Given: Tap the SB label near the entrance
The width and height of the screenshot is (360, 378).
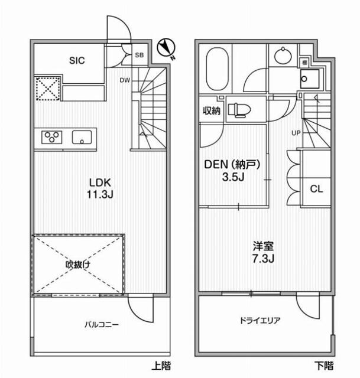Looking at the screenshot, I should (x=140, y=55).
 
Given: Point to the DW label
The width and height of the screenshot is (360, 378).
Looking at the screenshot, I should (x=125, y=80).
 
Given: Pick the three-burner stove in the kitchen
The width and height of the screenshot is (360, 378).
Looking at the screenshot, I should (x=52, y=138).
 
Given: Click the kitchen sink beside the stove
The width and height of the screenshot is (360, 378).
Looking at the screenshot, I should (x=82, y=138).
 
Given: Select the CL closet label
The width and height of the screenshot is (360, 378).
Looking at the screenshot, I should (x=316, y=189).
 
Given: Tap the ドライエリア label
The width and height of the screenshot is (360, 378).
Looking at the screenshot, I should (x=260, y=321).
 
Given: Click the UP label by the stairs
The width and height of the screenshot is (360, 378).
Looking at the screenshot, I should (x=295, y=132).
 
